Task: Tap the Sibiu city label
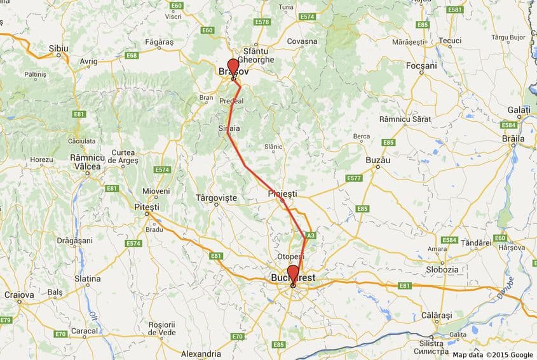pyautogui.click(x=59, y=48)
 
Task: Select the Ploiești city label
pyautogui.click(x=282, y=193)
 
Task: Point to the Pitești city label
pyautogui.click(x=147, y=206)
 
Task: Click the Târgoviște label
pyautogui.click(x=216, y=198)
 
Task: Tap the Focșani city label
pyautogui.click(x=422, y=65)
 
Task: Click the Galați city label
pyautogui.click(x=519, y=109)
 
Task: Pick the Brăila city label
pyautogui.click(x=513, y=138)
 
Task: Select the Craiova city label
pyautogui.click(x=19, y=295)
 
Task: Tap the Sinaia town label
pyautogui.click(x=229, y=128)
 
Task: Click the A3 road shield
pyautogui.click(x=310, y=235)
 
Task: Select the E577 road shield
pyautogui.click(x=354, y=178)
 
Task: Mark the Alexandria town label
pyautogui.click(x=201, y=354)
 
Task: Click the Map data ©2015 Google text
pyautogui.click(x=493, y=354)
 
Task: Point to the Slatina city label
pyautogui.click(x=88, y=279)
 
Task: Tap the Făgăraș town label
pyautogui.click(x=159, y=42)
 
